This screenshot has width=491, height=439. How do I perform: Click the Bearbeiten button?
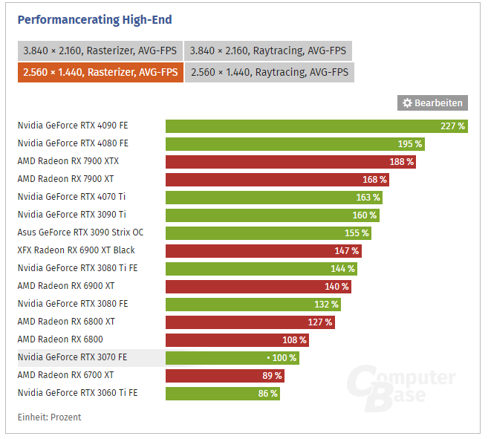432,103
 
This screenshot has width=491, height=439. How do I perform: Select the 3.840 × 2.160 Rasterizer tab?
100,51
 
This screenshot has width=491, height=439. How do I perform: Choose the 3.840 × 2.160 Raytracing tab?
267,51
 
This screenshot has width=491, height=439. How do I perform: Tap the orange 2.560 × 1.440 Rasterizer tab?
100,72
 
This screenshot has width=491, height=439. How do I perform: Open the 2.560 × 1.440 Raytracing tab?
269,72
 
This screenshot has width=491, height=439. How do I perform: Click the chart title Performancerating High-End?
94,19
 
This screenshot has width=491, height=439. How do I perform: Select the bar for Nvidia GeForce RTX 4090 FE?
316,126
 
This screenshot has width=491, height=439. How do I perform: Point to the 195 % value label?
409,143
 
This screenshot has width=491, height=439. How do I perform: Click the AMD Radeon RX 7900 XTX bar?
290,161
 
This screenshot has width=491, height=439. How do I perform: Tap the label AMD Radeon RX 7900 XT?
65,179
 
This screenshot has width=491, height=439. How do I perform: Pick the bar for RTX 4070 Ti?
274,197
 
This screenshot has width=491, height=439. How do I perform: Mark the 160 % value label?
365,215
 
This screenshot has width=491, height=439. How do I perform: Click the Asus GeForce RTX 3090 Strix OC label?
80,232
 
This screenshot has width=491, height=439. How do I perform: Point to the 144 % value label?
342,268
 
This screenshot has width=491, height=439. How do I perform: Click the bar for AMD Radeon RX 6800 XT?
250,322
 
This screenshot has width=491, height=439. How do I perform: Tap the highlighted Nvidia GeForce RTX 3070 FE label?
72,357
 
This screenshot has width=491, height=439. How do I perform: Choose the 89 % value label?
271,375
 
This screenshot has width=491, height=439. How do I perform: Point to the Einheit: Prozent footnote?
49,417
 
